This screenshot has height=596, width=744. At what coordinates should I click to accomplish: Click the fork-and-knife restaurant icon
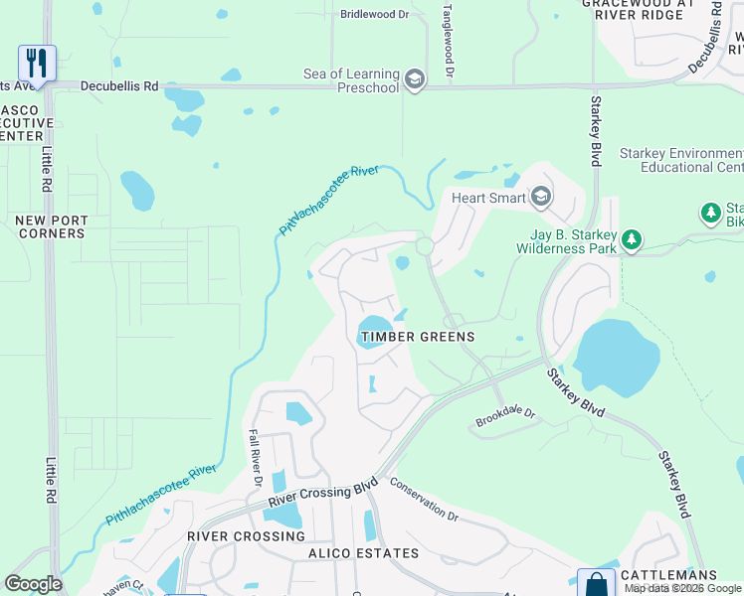coord(37,63)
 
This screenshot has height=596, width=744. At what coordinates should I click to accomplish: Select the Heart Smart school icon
coord(541,197)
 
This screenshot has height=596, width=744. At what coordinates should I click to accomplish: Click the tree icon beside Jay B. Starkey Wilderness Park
coord(631,239)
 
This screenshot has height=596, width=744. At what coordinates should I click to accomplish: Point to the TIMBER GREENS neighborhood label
coord(418,337)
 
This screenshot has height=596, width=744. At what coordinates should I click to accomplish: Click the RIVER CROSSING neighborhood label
coord(234,536)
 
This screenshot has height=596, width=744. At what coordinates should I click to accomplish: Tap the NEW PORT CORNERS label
coord(52,226)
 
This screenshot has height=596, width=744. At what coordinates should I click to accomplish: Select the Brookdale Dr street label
coord(504,412)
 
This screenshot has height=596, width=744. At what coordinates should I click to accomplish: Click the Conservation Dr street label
coord(424,501)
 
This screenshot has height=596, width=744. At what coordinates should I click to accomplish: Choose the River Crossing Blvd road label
coord(322,493)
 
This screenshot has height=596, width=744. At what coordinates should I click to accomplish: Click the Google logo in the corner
coord(33,584)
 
